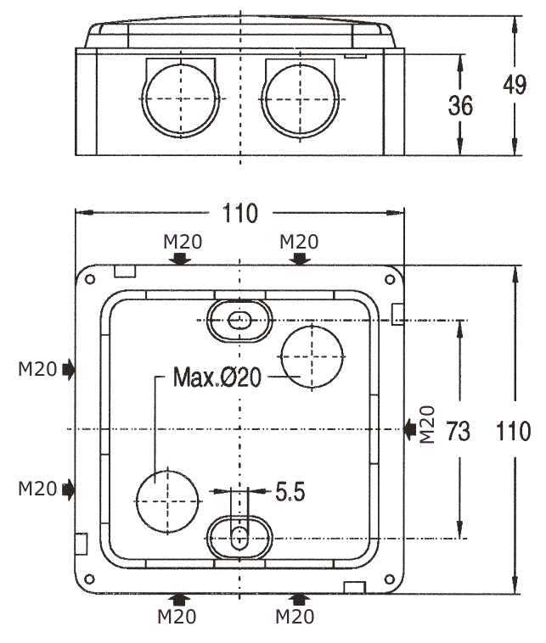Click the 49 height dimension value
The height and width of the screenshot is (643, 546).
coord(515,85)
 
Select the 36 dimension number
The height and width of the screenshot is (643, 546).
coord(460,105)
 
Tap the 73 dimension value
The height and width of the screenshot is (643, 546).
coord(458,431)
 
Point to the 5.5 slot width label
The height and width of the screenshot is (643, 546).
coord(290,491)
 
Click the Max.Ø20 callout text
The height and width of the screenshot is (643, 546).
coord(217,377)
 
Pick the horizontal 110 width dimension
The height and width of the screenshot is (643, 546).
coord(240,213)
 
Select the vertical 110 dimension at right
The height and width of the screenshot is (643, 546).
coord(513,431)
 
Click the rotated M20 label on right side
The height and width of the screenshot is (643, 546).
coord(427,424)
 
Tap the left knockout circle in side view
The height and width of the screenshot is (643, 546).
coord(180,99)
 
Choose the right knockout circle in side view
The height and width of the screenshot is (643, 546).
coord(300,99)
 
